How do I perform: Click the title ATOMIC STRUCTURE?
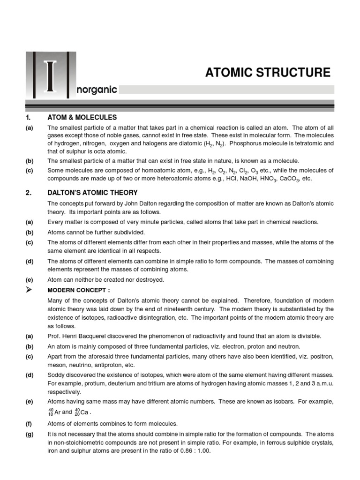coord(268,73)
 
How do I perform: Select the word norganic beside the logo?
coord(96,90)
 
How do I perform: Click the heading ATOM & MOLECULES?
coord(82,117)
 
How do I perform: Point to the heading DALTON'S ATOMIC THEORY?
coord(92,193)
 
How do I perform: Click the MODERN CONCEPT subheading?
coord(79,290)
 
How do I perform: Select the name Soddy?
coord(56,375)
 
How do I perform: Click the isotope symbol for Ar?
coord(54,412)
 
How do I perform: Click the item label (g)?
coord(29,434)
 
